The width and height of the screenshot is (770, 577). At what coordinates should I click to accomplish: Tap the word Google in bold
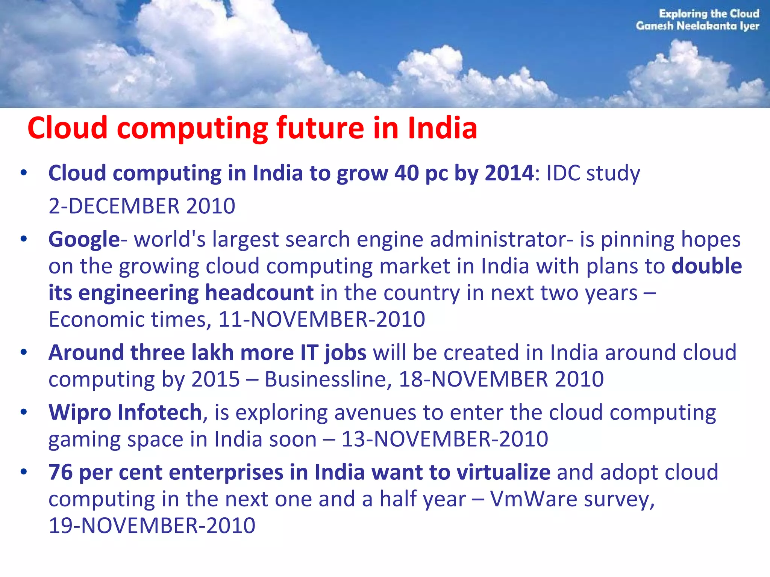point(84,240)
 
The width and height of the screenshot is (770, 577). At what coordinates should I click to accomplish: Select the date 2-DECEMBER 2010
point(142,206)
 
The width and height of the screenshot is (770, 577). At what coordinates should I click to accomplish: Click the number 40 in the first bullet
point(407,173)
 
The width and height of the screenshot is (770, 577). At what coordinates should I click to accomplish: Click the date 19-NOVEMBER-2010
point(152,526)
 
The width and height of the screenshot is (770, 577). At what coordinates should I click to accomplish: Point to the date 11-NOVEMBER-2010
point(322,320)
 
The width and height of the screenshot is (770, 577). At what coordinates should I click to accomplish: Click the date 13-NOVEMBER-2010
point(445,439)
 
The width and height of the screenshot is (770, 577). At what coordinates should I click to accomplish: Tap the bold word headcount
point(259,293)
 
